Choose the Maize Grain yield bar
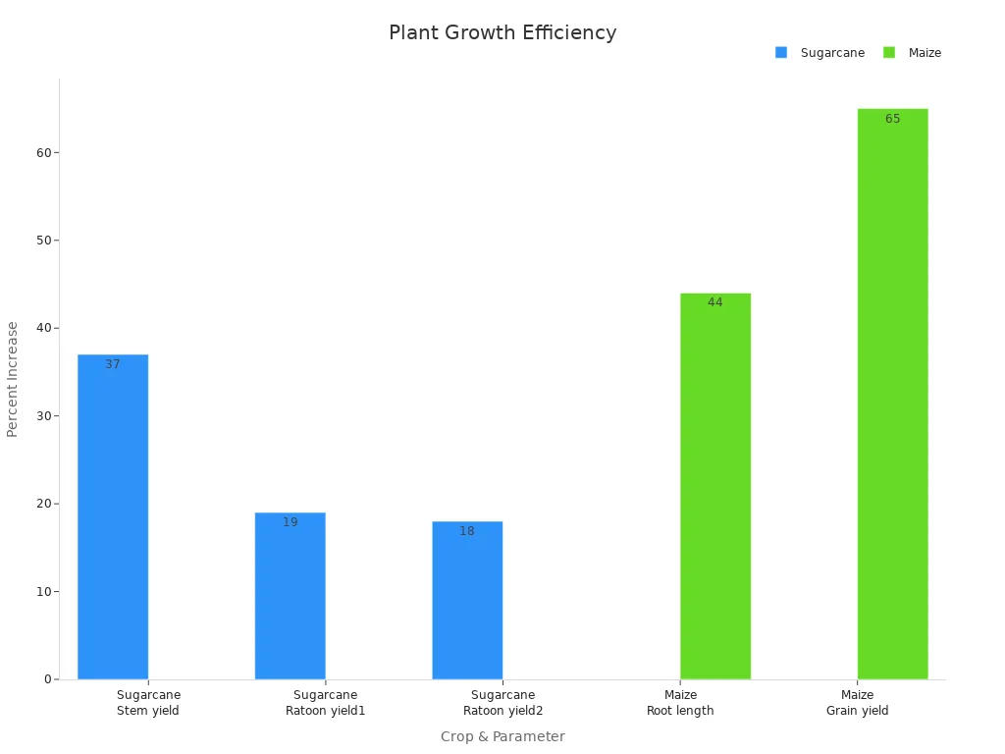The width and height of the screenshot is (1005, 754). coord(892,394)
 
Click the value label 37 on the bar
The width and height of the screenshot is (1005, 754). coord(113,364)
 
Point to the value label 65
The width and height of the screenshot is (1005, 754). coord(892,119)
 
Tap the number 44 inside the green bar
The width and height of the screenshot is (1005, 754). coord(715,302)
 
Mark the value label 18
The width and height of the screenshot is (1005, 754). coord(467,531)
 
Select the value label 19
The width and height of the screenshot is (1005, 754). coord(290,522)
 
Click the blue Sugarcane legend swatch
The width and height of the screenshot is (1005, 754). coord(781,53)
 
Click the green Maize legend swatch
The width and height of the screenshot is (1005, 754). coord(889,53)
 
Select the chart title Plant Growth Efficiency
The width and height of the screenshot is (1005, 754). coord(502,33)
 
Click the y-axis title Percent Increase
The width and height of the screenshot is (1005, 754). coord(13,379)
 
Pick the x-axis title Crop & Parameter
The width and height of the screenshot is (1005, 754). coord(502,736)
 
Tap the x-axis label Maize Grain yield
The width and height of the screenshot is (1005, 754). coord(857,703)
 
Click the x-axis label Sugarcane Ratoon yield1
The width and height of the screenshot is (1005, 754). coord(325,703)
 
